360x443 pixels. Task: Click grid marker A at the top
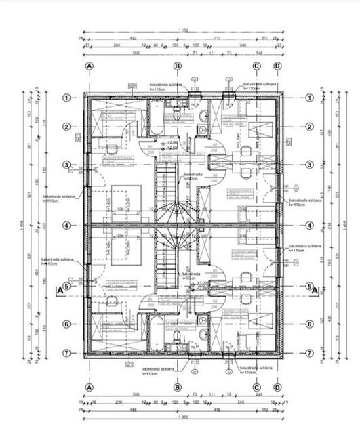pyautogui.click(x=89, y=66)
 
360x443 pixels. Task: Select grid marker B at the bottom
pyautogui.click(x=177, y=387)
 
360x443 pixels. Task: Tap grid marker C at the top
pyautogui.click(x=257, y=66)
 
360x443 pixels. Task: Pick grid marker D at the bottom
pyautogui.click(x=277, y=387)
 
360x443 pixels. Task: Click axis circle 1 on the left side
pyautogui.click(x=67, y=98)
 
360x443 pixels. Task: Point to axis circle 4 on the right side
pyautogui.click(x=310, y=226)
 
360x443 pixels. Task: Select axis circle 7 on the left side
pyautogui.click(x=67, y=353)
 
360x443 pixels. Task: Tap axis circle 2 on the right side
pyautogui.click(x=310, y=127)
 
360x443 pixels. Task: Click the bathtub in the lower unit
pyautogui.click(x=155, y=332)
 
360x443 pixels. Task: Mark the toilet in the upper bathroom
pyautogui.click(x=176, y=116)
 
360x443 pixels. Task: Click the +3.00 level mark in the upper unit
pyautogui.click(x=173, y=143)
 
